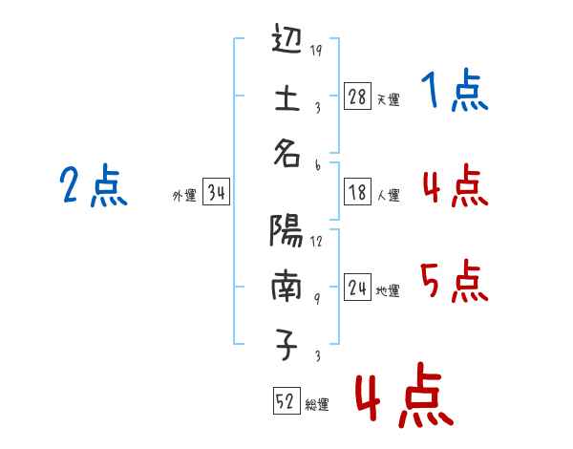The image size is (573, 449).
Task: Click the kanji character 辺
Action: [286, 42]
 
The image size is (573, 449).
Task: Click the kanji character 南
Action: [286, 286]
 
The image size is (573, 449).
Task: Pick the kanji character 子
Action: [286, 345]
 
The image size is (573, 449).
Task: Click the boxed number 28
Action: [357, 96]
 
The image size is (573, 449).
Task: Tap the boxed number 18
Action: [357, 192]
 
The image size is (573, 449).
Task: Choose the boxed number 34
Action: [216, 193]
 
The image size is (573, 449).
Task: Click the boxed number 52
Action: [285, 402]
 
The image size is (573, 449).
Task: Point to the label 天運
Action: [388, 99]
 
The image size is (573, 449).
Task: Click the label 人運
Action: [388, 195]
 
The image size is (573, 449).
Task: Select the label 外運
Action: [184, 195]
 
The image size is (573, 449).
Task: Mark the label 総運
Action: [316, 405]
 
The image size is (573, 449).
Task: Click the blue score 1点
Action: [454, 93]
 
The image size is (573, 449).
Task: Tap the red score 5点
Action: [454, 282]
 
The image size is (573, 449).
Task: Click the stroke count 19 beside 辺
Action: [316, 51]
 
